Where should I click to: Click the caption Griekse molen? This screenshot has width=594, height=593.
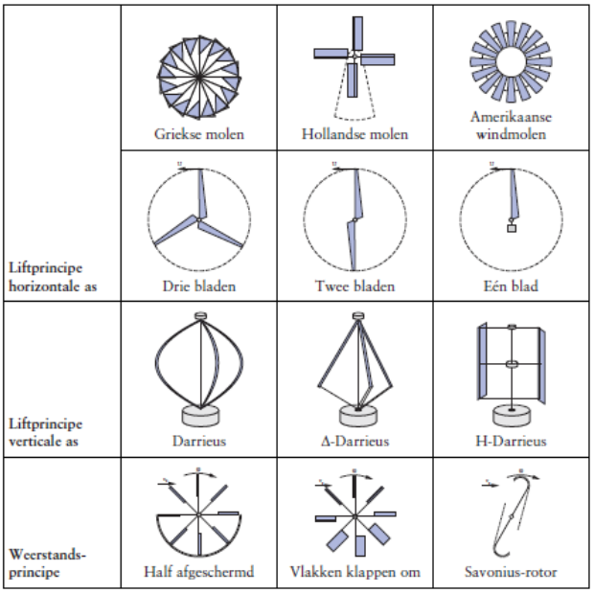pos(198,134)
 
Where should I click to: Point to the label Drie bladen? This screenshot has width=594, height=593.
pos(198,285)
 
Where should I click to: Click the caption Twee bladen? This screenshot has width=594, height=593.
pos(354,285)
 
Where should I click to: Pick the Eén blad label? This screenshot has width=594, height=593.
pos(511,285)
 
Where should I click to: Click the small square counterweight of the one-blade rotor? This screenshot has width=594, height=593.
pos(512,230)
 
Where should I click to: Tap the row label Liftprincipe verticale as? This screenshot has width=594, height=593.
pos(56,432)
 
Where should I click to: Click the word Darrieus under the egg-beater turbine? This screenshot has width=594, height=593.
pos(198,442)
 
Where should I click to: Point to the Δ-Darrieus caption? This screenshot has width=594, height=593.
pos(354,442)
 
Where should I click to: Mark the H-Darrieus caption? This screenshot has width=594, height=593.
pos(511,442)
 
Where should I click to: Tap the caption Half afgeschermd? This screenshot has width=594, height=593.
pos(198,573)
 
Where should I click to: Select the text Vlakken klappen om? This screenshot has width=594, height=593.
pos(354,573)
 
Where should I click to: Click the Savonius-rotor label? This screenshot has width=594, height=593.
pos(511,573)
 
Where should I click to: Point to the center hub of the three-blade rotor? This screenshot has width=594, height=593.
pos(198,219)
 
